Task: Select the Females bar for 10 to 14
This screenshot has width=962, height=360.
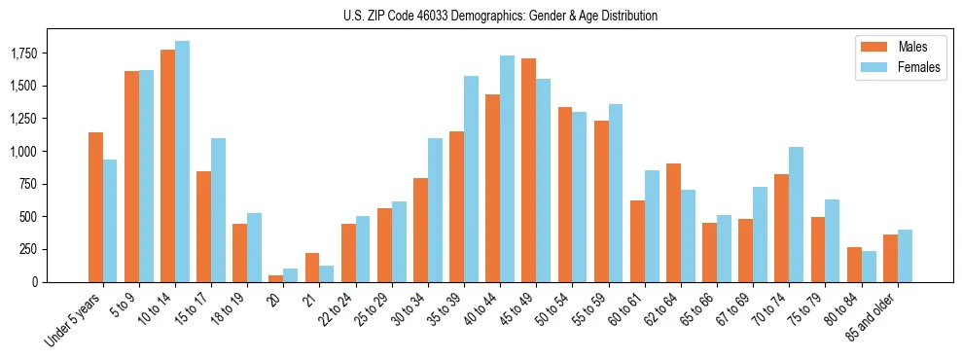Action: [182, 162]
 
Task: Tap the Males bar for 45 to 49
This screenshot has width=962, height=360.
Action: [528, 170]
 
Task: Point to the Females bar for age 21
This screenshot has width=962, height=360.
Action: [327, 273]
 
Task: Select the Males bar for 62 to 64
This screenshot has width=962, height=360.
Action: [673, 223]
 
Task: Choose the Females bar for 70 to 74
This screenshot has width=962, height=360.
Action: [796, 214]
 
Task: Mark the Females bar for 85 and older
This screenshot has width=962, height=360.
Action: [905, 256]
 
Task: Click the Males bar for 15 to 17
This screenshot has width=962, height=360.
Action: [203, 227]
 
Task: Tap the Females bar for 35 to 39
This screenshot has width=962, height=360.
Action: [471, 179]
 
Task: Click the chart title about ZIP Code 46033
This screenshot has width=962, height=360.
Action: [500, 16]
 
